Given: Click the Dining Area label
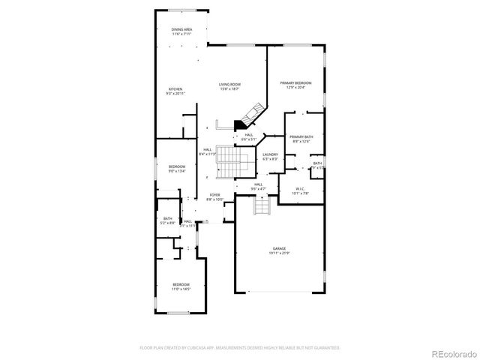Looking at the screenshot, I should pos(181,28).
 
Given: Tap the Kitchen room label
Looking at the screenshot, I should pos(175,89).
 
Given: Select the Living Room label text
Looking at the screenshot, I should pos(229,84).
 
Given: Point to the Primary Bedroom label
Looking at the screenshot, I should pos(295,82).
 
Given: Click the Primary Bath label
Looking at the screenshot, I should pos(302,136).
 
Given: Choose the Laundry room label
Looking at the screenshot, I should pos(270,154).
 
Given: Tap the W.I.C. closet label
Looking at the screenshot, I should pos(301,188).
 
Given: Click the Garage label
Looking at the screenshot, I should pos(279,248).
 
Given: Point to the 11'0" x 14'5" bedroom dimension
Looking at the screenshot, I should pos(181,289).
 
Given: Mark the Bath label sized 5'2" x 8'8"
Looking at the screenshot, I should pos(168,218).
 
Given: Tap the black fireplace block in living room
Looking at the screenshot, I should pos(241,125).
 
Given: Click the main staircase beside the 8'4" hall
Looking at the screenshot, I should pos(231,162).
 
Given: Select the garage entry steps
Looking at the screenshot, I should pos(261,205).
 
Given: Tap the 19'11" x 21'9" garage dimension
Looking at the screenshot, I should pos(279,253).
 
